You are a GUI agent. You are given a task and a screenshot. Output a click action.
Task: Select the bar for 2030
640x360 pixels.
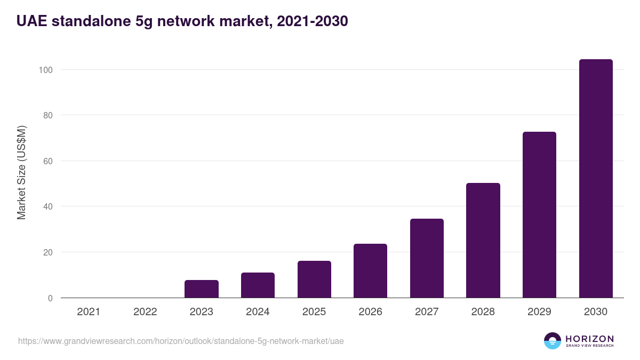[596, 179]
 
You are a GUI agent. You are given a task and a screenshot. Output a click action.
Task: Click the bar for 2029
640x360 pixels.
[539, 215]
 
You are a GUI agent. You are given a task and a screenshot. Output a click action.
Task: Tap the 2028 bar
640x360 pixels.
[483, 241]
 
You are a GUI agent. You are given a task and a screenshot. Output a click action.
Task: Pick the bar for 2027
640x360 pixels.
[427, 258]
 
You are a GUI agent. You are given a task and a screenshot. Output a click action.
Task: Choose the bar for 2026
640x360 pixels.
[370, 271]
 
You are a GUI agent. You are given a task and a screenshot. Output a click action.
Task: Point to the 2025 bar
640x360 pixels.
[314, 279]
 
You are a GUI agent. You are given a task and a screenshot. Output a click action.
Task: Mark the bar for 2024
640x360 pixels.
[258, 285]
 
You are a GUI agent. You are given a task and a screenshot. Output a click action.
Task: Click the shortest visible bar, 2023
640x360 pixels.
[202, 289]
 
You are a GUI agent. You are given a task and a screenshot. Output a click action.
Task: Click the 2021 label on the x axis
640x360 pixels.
[89, 312]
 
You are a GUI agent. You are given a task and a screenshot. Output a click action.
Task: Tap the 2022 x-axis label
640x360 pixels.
[145, 312]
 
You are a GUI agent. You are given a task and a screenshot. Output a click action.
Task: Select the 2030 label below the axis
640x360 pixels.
[596, 312]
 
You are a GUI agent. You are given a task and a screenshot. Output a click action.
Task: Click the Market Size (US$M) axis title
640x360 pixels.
[22, 173]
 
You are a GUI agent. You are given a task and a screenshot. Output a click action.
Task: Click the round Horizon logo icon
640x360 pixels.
[553, 341]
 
